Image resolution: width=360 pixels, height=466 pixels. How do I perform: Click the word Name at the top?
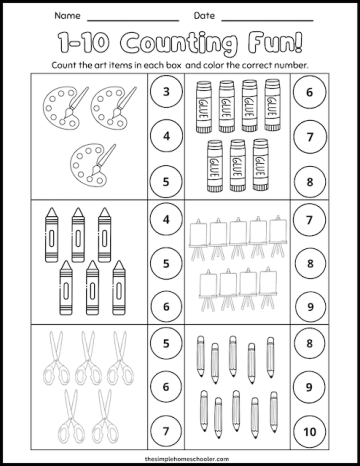tap(65, 17)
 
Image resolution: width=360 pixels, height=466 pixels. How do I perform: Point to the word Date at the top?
tap(204, 17)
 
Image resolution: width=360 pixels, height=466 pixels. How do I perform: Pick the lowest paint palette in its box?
tap(89, 161)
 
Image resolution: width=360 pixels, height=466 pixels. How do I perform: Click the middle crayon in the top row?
tap(78, 226)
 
